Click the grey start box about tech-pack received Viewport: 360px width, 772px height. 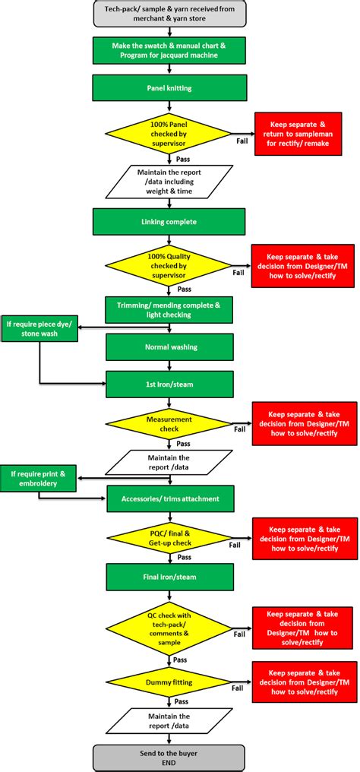point(169,14)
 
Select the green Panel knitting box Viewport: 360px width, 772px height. point(169,87)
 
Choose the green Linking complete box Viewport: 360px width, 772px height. point(169,221)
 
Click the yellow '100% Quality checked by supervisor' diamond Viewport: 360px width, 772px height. point(169,265)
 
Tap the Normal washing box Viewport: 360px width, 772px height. point(169,346)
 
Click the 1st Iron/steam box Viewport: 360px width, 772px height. point(169,384)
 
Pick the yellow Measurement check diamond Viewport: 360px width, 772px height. point(169,424)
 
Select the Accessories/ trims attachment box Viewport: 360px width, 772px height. point(169,498)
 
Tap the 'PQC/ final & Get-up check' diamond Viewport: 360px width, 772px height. point(169,538)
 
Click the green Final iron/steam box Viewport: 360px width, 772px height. point(169,577)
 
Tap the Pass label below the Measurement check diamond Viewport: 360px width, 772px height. point(183,443)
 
